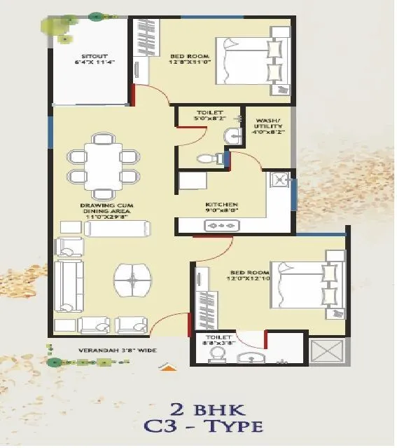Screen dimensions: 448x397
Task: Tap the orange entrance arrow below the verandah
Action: click(167, 365)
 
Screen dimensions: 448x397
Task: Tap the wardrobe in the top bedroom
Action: click(147, 42)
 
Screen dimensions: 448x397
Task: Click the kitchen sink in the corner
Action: click(278, 179)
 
